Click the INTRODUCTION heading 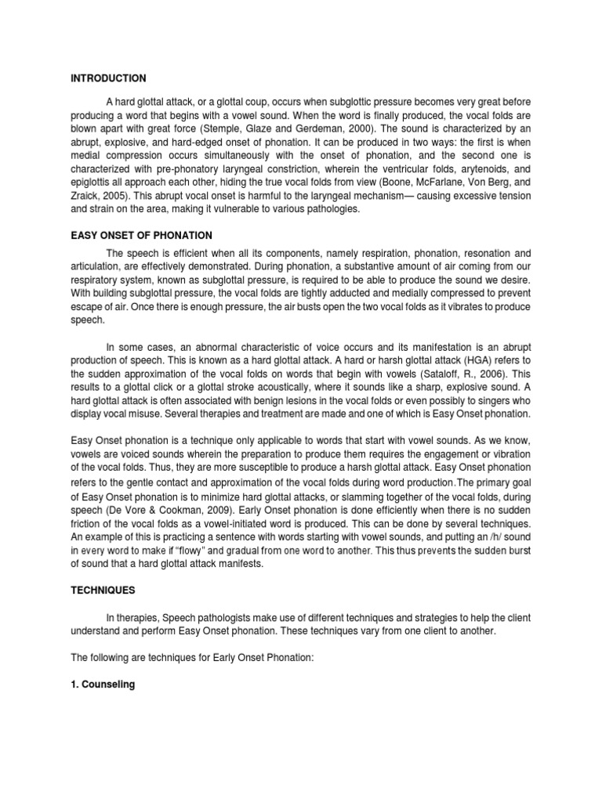[x=107, y=78]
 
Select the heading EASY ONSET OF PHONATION [x=141, y=236]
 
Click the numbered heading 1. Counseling [x=103, y=685]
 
